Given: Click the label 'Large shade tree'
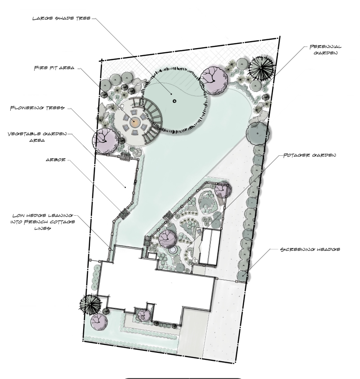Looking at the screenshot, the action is [x=61, y=18].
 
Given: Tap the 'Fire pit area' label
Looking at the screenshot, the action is [x=54, y=68].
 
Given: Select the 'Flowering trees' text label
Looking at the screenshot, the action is [x=37, y=108].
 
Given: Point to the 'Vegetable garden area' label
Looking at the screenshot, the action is [x=37, y=137].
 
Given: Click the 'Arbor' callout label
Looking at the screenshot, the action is [x=56, y=160].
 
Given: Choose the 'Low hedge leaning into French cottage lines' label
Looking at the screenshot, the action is [x=43, y=222].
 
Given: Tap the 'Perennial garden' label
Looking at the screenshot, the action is [x=325, y=50].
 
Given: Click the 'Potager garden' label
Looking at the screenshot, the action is [x=310, y=155].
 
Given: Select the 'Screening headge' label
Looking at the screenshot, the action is [x=310, y=249].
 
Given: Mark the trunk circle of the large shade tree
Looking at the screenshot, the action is [x=174, y=101].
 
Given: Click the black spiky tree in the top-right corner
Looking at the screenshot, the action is [x=261, y=68].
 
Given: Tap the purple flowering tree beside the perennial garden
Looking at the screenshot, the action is [x=214, y=81].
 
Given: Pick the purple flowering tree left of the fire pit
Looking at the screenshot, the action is [x=105, y=141].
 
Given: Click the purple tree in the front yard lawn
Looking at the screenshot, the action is [x=99, y=322].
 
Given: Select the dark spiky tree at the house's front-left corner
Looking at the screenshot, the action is [x=90, y=305].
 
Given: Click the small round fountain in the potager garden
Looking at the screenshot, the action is [x=173, y=250].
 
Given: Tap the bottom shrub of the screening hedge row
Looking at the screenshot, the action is [x=242, y=276].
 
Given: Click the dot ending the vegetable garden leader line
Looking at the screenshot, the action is [x=125, y=187].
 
